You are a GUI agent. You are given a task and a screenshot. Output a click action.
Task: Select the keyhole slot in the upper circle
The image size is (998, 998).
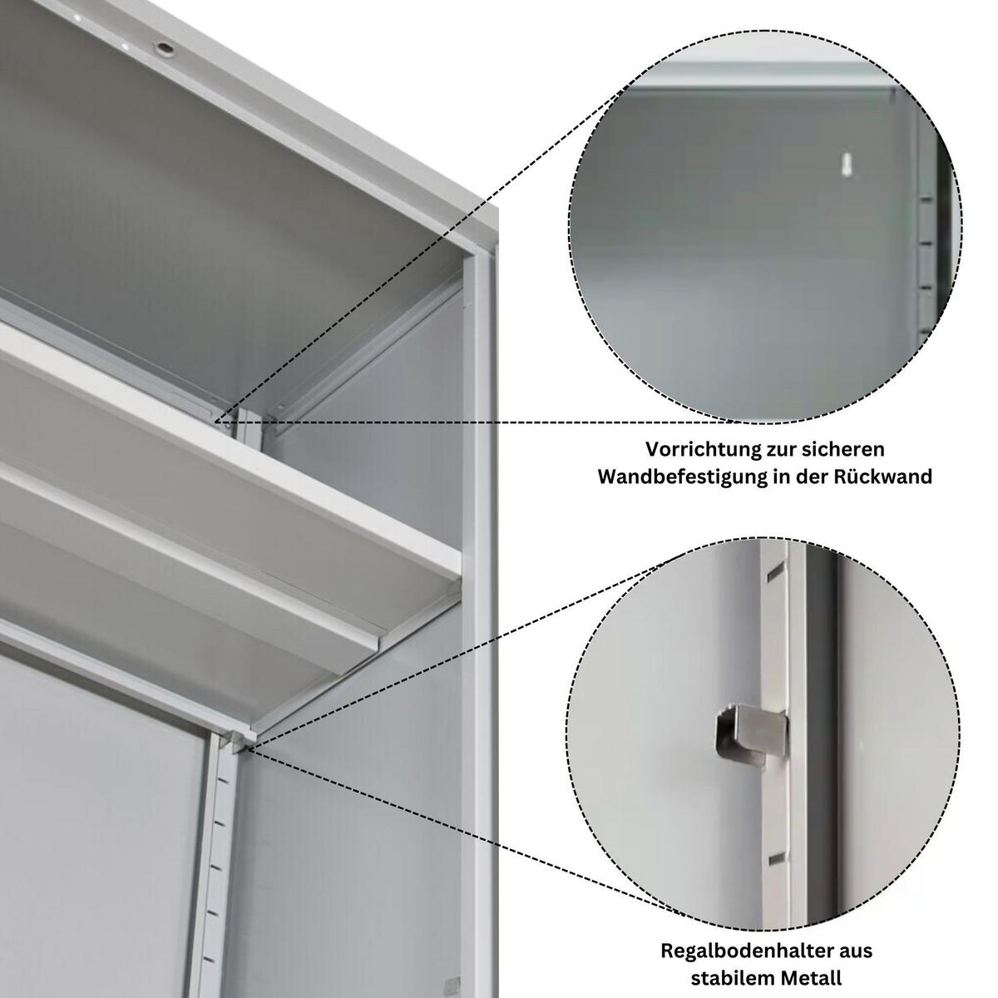coord(847,164)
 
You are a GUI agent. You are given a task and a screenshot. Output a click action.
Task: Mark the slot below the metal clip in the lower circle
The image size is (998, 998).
coord(775,858)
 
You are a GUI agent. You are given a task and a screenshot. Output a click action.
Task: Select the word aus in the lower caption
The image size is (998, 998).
coord(857,950)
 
